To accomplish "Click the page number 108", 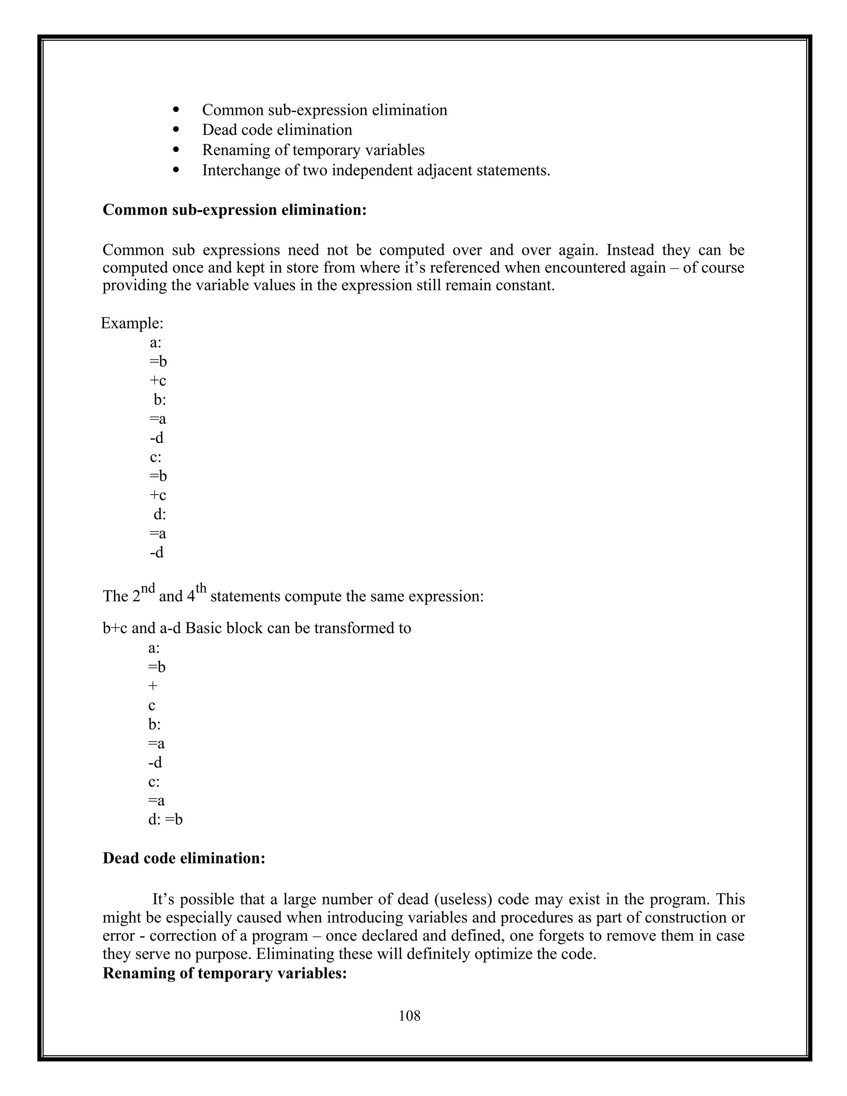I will [x=409, y=1016].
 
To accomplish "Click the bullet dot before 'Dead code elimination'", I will [x=176, y=129].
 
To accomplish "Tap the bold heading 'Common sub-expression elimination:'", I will [x=234, y=210].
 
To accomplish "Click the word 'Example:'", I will [x=132, y=323].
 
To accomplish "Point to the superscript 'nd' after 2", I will [x=148, y=588].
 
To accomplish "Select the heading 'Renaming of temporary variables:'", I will [x=225, y=973].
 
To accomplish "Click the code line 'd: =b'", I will [x=165, y=819].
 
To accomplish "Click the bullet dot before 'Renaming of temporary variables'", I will [x=176, y=150].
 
